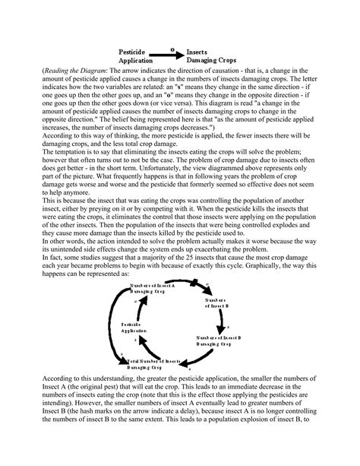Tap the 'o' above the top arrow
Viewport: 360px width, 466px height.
click(172, 47)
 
